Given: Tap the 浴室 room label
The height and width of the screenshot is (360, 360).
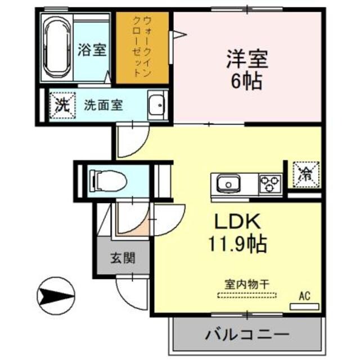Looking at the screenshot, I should pos(91,49).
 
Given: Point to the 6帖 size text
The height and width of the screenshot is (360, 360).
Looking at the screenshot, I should pos(246,82).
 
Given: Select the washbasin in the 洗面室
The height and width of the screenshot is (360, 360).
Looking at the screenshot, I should pos(156,105).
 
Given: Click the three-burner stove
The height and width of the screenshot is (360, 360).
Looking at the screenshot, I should pos(270,184).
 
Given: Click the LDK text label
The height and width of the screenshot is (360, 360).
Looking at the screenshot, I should pos(236,221).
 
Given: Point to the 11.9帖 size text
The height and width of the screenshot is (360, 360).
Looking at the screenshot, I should pos(236,244).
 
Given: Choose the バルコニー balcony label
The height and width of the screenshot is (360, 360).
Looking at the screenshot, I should pos(247,333).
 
